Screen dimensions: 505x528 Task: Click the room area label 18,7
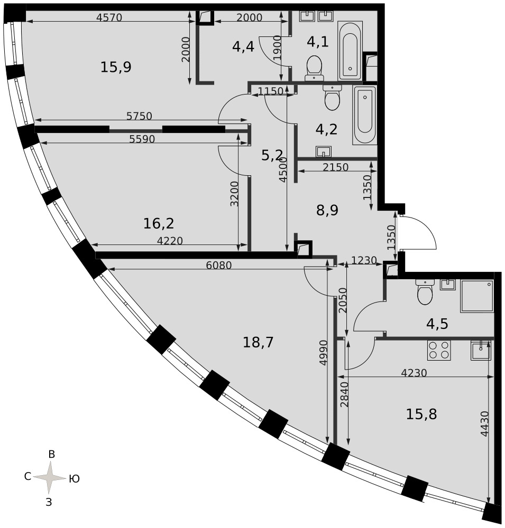tap(258, 343)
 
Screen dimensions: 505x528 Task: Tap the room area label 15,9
tap(116, 67)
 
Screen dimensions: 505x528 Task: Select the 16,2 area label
tap(159, 223)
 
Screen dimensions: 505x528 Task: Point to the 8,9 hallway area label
tap(327, 210)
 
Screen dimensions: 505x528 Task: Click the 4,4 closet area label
tap(243, 47)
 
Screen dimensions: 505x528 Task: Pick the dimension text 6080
tap(219, 266)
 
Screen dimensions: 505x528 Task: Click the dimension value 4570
tap(109, 17)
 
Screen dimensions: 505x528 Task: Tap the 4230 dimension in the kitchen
tap(414, 373)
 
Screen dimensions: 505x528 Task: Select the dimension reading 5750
tap(139, 116)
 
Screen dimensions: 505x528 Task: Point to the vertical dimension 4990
tap(323, 353)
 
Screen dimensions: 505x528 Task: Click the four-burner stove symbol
tap(439, 350)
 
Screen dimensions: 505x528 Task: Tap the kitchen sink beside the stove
tap(481, 350)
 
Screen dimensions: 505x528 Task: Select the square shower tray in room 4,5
tap(476, 296)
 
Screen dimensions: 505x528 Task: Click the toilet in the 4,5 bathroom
tap(425, 291)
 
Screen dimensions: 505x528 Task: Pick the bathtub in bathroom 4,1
tap(350, 51)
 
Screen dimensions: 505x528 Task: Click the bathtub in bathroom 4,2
tap(365, 115)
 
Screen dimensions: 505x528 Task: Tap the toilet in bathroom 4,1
tap(315, 68)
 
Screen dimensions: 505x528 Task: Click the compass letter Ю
tap(74, 478)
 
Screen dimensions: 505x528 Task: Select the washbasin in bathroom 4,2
tap(324, 152)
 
